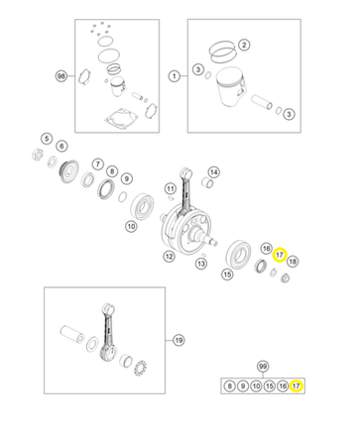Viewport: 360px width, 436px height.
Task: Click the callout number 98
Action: [61, 76]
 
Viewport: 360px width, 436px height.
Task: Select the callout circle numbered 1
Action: [175, 76]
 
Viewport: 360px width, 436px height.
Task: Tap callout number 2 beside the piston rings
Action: [244, 45]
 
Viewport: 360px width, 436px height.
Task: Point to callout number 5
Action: [47, 139]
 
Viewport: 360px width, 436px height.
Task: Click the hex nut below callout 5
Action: [37, 155]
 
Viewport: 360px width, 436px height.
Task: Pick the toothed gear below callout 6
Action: [68, 171]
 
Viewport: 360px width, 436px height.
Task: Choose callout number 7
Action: [97, 163]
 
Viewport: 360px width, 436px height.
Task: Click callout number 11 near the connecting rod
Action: [171, 189]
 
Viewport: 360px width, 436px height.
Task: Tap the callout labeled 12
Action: [170, 256]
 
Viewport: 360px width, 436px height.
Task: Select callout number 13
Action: [201, 264]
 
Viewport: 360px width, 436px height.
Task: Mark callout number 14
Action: [214, 172]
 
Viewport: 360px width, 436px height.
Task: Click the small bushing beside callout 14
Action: [206, 182]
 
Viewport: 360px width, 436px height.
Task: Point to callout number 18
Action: [293, 262]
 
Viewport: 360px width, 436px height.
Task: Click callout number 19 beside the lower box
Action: [179, 340]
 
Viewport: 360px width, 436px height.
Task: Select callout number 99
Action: [263, 366]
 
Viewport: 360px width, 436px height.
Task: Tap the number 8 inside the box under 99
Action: [229, 385]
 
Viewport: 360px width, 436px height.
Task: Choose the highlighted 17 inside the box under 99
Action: [297, 385]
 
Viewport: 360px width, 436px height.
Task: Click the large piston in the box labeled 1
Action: [230, 87]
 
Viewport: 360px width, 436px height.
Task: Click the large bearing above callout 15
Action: [238, 255]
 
